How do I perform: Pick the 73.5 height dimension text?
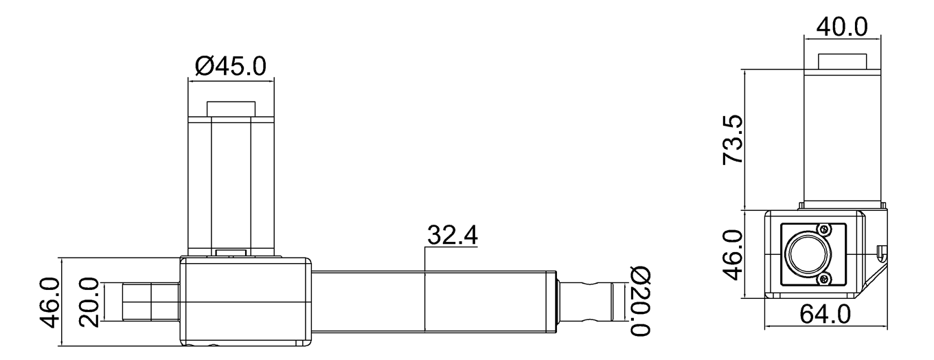734,139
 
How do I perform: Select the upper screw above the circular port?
823,229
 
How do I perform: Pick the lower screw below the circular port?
823,278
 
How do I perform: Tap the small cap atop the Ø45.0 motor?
231,109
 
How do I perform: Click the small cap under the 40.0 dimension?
841,60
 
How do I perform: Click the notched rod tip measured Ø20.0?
587,302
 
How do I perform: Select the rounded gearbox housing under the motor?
245,301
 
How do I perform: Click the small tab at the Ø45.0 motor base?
231,253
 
